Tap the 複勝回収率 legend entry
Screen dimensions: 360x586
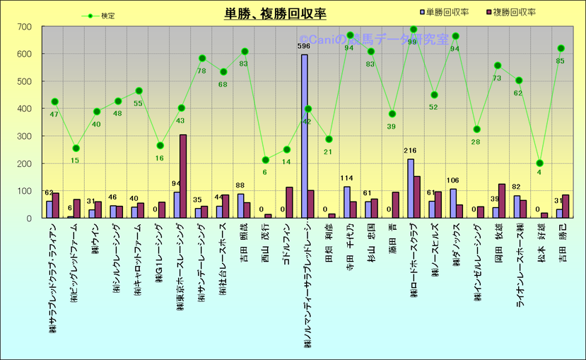(514, 12)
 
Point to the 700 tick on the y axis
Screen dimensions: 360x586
(24, 27)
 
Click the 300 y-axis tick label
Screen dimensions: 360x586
(24, 137)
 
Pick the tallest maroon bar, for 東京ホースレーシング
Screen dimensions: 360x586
(183, 176)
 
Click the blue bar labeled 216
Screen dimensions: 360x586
(410, 188)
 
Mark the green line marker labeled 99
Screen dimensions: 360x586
(414, 30)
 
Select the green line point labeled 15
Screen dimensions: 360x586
(76, 149)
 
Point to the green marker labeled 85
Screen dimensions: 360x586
(562, 49)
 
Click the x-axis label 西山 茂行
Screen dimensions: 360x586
(265, 245)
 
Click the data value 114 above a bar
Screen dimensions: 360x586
(346, 179)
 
